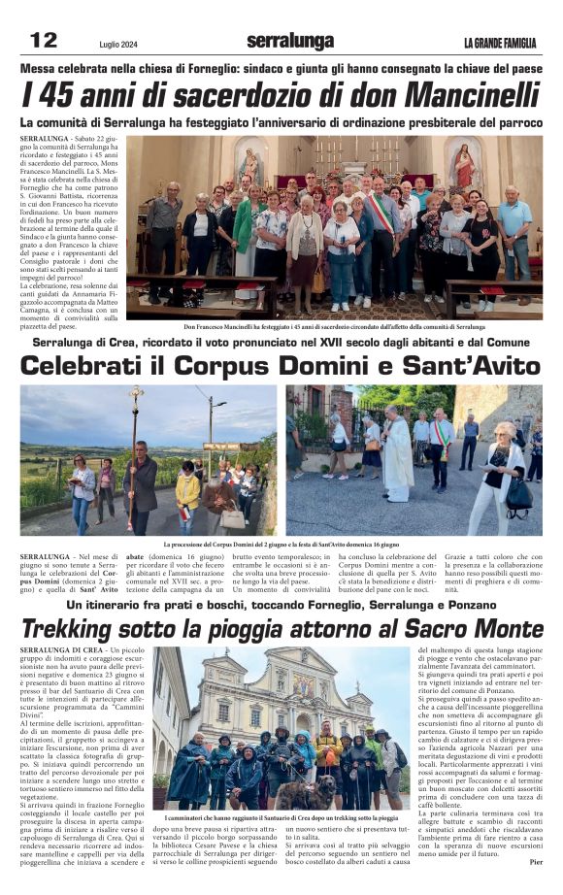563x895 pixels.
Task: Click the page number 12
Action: [x=44, y=40]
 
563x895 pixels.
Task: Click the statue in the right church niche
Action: [x=463, y=166]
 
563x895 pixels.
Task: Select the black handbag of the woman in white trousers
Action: [x=517, y=497]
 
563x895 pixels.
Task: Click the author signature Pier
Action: [x=536, y=861]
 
